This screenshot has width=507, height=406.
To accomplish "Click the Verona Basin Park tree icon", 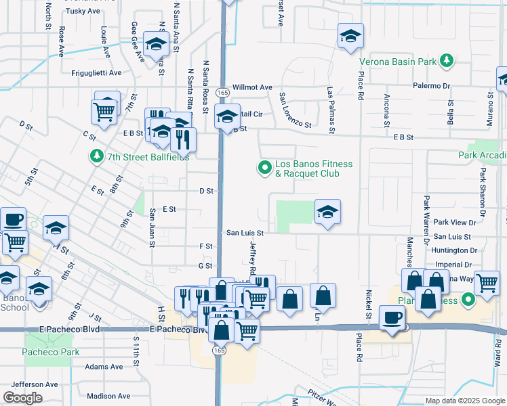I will coord(446,62).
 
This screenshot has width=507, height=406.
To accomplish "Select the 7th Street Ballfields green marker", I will coord(96,157).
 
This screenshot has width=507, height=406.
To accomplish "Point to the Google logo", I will coord(22,398).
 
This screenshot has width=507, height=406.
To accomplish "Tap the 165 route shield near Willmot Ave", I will coord(222,91).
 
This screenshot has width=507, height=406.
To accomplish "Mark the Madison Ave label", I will coord(108,396).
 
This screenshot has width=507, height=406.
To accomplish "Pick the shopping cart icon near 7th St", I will coord(104,110).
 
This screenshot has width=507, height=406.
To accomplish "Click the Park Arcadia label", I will coord(482,155).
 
